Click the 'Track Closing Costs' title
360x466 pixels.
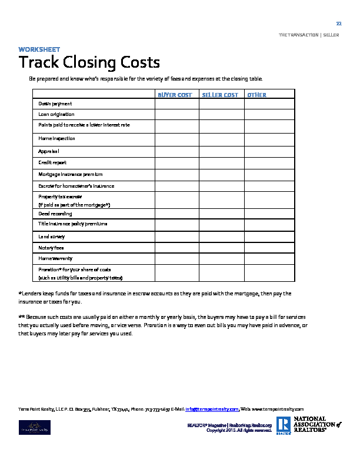tap(89, 62)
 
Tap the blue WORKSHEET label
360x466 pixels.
tap(39, 49)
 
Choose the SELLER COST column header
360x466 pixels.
tap(220, 95)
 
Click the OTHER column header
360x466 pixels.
tap(256, 95)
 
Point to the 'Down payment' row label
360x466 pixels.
tap(55, 104)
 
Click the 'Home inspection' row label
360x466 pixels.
tap(57, 138)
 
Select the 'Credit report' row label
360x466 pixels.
tap(52, 162)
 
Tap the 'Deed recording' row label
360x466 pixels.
tap(55, 214)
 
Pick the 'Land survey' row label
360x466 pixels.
tap(52, 236)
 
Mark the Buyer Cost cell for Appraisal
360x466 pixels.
tap(176, 151)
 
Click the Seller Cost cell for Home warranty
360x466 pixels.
tap(221, 258)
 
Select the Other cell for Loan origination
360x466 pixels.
tap(268, 114)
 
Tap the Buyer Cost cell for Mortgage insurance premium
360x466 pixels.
tap(176, 174)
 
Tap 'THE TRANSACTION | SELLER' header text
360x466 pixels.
tap(309, 35)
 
